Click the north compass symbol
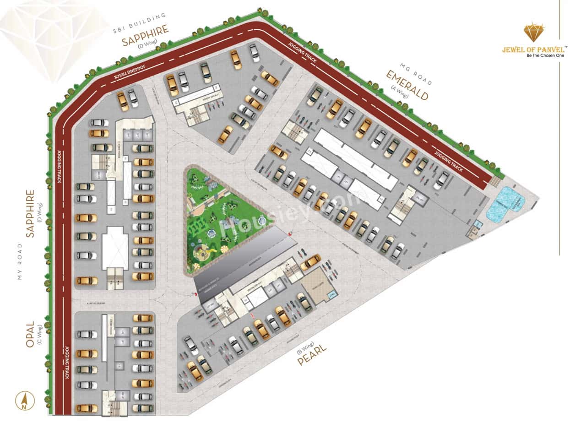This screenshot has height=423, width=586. point(23,401)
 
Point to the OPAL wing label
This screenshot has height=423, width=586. point(30,335)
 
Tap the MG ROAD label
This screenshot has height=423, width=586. point(416,73)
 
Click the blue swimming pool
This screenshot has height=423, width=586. point(506,204)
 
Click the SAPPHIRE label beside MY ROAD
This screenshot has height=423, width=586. point(30,214)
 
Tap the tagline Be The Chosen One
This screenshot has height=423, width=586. point(545,55)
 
